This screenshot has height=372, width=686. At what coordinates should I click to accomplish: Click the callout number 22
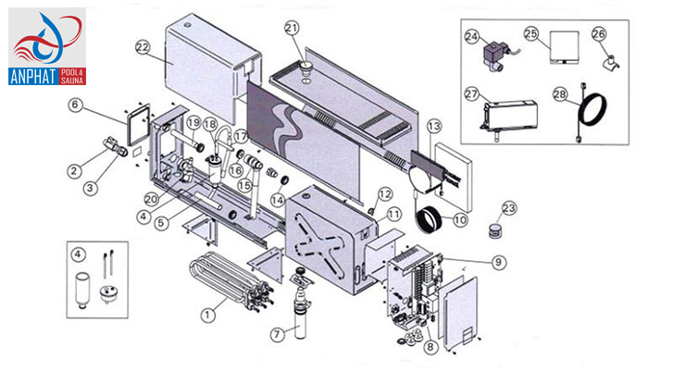click(143, 45)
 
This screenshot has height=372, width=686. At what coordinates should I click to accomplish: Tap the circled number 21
click(293, 28)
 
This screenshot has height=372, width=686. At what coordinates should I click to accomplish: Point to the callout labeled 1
click(207, 315)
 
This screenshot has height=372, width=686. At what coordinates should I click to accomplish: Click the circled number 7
click(276, 333)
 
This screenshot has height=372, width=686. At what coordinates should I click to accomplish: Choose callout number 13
click(434, 125)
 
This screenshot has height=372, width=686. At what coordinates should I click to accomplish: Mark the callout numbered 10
click(460, 220)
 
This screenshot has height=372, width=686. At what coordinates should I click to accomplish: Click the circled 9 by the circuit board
click(499, 262)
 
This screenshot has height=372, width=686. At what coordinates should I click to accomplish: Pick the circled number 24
click(472, 37)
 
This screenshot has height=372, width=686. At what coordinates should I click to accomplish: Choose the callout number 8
click(430, 347)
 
